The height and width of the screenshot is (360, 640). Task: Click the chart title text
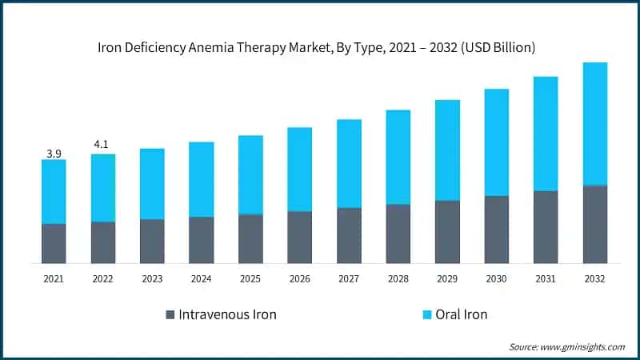(x=320, y=48)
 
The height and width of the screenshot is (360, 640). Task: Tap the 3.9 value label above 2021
(x=54, y=153)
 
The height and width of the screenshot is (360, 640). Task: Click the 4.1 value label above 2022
(x=102, y=145)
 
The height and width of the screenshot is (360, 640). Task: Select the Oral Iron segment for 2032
(x=594, y=124)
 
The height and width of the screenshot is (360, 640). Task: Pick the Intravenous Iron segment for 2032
(x=594, y=225)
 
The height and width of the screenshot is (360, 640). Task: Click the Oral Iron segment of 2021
(x=54, y=192)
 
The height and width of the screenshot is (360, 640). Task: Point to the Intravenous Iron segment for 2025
(x=250, y=239)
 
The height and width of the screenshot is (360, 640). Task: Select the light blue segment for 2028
(x=398, y=157)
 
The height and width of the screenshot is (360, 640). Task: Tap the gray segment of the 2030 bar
(x=496, y=230)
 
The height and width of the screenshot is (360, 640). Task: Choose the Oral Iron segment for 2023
(x=152, y=184)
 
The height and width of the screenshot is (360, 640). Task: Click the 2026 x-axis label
(x=299, y=279)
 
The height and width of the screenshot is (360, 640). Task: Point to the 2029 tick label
(x=447, y=279)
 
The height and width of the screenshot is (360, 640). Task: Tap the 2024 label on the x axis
(x=201, y=279)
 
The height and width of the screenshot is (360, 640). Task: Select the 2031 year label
(x=546, y=279)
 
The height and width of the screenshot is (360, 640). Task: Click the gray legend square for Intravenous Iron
(x=169, y=314)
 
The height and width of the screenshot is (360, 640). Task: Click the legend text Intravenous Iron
(x=228, y=314)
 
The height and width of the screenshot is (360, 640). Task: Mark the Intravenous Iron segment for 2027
(x=349, y=236)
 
